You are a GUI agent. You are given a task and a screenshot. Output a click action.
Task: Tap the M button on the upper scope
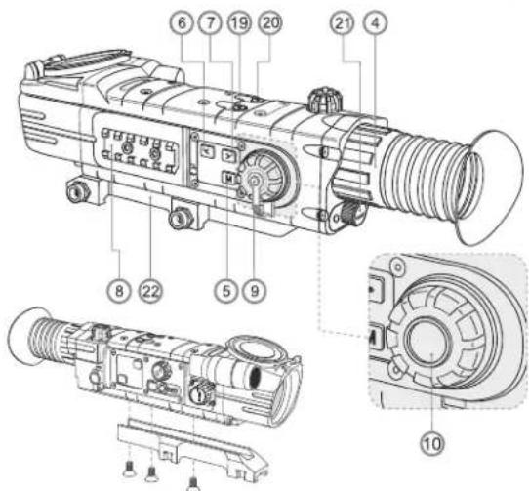pos(226,177)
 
